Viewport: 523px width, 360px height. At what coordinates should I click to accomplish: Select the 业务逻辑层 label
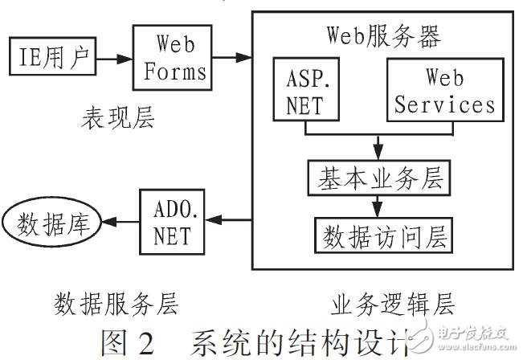tap(392, 304)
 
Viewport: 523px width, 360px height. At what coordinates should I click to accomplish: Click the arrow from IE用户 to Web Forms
tap(113, 59)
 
